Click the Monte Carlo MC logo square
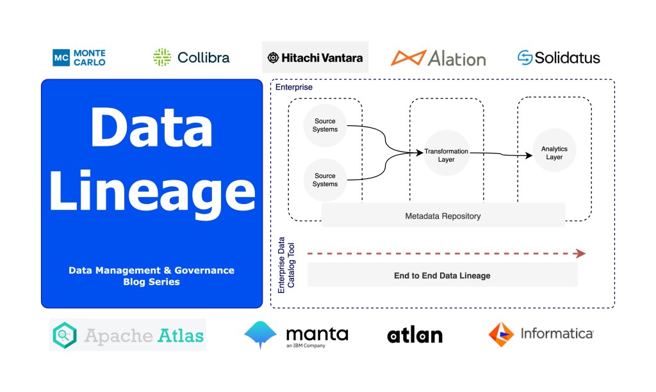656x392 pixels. (x=61, y=58)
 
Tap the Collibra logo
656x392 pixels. (x=191, y=58)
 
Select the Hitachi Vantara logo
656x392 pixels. (x=315, y=58)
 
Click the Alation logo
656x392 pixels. (x=438, y=58)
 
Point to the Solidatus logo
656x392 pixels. (x=559, y=58)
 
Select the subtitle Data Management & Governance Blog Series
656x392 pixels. (x=151, y=276)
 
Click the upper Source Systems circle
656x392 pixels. (x=325, y=125)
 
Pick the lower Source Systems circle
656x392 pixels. (x=325, y=180)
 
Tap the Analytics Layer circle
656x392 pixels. (x=554, y=153)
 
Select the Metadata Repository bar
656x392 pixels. (x=443, y=216)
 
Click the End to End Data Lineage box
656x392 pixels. (x=442, y=275)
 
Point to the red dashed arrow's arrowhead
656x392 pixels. (x=580, y=254)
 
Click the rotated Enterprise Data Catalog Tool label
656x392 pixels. (x=285, y=265)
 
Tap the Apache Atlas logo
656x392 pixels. (x=128, y=335)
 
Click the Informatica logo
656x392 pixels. (x=541, y=334)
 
